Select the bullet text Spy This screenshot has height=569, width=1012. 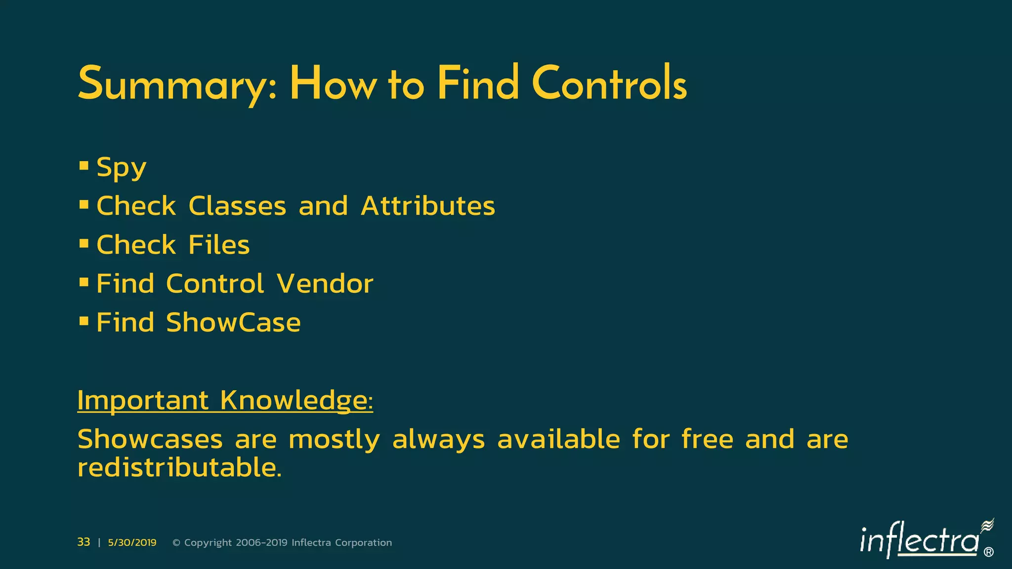[121, 167]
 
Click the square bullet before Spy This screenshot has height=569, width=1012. [84, 165]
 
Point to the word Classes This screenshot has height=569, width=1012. [237, 205]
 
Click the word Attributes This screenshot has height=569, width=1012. [427, 205]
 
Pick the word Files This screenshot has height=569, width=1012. [219, 244]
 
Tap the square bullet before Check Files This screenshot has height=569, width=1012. [84, 243]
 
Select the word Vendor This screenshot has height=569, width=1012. [325, 284]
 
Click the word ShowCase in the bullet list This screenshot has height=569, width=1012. [233, 323]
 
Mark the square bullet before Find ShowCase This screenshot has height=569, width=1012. [84, 321]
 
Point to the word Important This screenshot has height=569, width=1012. [143, 400]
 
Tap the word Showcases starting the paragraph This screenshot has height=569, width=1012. [150, 439]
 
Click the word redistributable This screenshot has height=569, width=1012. [179, 467]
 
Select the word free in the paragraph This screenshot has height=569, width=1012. [707, 439]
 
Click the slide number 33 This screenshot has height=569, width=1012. [84, 542]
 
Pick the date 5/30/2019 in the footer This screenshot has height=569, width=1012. [132, 543]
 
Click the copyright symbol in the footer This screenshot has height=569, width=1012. [176, 543]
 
